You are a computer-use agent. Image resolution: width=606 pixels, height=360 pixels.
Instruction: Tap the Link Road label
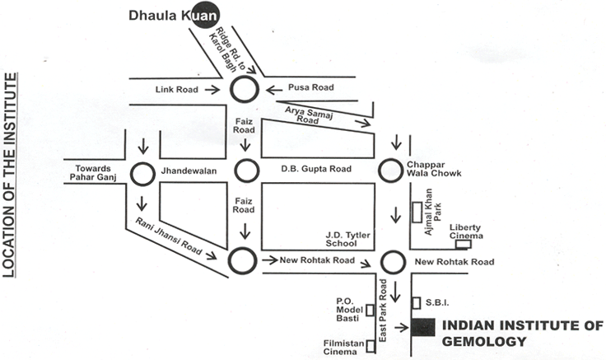[176, 89]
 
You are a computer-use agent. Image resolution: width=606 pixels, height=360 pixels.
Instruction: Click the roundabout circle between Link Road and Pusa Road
[245, 89]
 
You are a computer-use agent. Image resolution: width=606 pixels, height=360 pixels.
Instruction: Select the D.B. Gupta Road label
[316, 170]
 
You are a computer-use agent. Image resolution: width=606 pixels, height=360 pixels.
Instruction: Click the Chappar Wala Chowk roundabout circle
[391, 171]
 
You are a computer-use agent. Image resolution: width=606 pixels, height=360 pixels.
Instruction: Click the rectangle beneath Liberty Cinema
[464, 244]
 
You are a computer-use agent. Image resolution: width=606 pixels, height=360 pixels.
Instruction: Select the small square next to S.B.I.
[417, 302]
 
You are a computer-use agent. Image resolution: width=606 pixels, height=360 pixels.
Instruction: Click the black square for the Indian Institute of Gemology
[422, 327]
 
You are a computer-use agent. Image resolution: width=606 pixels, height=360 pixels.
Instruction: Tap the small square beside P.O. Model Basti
[371, 311]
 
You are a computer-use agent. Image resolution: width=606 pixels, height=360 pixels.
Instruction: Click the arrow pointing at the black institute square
[401, 327]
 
